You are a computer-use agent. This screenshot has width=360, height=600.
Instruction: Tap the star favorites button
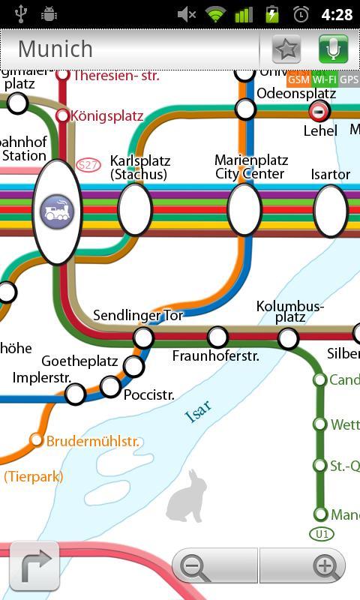286,49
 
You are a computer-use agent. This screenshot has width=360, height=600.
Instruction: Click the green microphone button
333,49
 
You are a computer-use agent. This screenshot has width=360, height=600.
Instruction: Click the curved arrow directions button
34,566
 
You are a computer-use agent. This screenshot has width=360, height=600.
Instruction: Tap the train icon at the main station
57,210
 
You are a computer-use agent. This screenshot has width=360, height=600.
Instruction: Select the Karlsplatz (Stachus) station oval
136,209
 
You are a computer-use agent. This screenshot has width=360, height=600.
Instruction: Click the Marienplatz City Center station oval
244,209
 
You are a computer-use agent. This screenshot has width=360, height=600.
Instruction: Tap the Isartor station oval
331,210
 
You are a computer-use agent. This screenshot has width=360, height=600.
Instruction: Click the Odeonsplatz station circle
246,109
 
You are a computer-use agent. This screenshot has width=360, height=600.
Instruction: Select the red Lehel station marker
319,112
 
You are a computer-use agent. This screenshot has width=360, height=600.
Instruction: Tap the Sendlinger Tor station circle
143,337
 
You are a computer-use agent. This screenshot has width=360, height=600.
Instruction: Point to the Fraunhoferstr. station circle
217,337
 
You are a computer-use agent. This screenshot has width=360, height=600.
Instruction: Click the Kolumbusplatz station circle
289,338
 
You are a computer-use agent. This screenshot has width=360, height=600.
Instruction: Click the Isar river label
199,410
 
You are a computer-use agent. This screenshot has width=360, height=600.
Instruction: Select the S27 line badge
88,165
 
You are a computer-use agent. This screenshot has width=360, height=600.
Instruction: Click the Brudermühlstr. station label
93,441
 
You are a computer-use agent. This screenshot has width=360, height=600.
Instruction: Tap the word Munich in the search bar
55,49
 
